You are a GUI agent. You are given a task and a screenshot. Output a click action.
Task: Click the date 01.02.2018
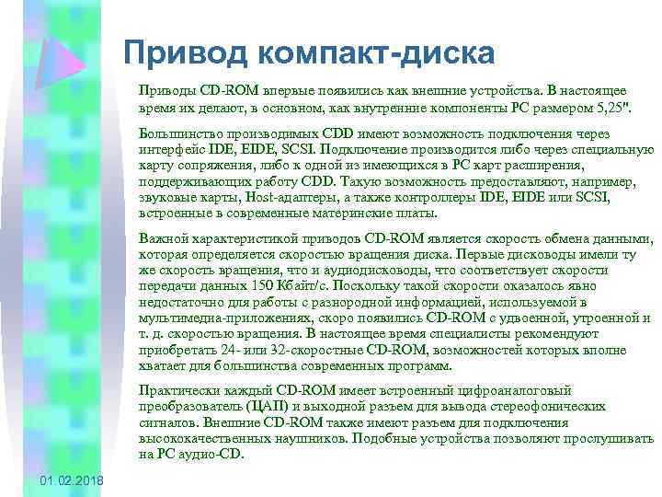pyautogui.click(x=73, y=482)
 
